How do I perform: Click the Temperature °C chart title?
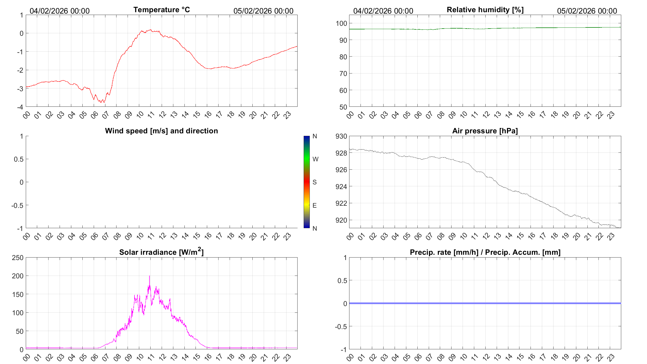click(x=161, y=10)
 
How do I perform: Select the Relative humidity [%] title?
click(x=485, y=10)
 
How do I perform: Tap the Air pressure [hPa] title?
click(x=485, y=131)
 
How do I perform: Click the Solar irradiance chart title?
click(x=161, y=252)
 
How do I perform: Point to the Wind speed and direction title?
click(x=161, y=131)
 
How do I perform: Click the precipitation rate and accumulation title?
click(x=485, y=252)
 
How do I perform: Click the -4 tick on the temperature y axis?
click(x=20, y=107)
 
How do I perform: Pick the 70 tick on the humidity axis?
click(x=343, y=73)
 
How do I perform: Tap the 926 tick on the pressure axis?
click(x=341, y=170)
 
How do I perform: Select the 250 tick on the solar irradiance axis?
click(x=18, y=258)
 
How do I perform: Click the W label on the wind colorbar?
click(x=315, y=159)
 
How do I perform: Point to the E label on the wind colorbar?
click(x=314, y=205)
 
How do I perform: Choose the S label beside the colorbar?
click(x=314, y=182)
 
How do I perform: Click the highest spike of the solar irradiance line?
click(x=149, y=276)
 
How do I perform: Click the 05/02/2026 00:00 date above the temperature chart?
click(x=263, y=11)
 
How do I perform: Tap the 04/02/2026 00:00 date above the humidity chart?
click(x=383, y=11)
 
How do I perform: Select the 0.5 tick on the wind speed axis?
click(x=19, y=159)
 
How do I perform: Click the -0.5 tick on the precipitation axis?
click(x=341, y=327)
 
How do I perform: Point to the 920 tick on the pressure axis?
click(x=341, y=220)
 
